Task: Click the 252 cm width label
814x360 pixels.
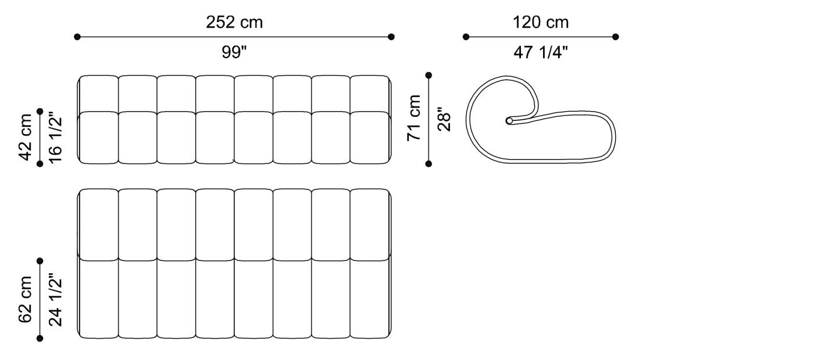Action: click(x=234, y=23)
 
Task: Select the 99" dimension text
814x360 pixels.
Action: click(x=234, y=52)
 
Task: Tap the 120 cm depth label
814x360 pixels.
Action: click(x=541, y=23)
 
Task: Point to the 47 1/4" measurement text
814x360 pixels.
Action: click(x=541, y=52)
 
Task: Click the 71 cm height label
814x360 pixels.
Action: click(x=414, y=119)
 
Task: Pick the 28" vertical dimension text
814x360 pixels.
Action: click(x=444, y=119)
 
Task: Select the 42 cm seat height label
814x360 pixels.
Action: click(x=26, y=137)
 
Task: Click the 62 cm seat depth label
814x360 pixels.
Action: click(x=26, y=300)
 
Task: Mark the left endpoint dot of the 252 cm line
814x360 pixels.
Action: click(x=77, y=37)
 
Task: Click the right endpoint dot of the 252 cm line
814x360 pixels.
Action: click(x=391, y=37)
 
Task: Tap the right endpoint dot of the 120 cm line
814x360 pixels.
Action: click(x=616, y=37)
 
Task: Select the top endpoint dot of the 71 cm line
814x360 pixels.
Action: click(x=429, y=75)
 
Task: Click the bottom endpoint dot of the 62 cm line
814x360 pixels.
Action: click(x=40, y=338)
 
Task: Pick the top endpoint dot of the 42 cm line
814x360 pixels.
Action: click(x=40, y=111)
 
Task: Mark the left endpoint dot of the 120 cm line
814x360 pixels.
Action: click(x=466, y=37)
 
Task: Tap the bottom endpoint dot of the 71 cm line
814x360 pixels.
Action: click(x=429, y=164)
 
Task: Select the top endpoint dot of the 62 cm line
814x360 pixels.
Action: click(x=40, y=261)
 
